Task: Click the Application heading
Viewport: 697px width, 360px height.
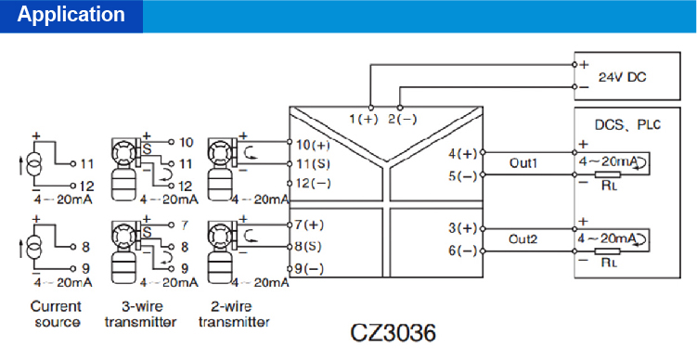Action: click(x=71, y=15)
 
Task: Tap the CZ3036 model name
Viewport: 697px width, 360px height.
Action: click(x=393, y=332)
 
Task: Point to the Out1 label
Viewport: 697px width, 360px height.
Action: click(x=523, y=163)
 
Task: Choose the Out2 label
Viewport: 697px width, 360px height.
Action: click(x=523, y=238)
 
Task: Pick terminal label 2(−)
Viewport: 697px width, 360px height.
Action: click(x=402, y=119)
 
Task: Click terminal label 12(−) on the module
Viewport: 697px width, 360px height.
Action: click(x=312, y=183)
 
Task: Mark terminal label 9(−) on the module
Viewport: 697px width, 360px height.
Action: click(x=308, y=268)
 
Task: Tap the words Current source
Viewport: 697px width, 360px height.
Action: click(x=57, y=314)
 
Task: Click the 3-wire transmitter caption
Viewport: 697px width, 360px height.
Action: click(x=140, y=314)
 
